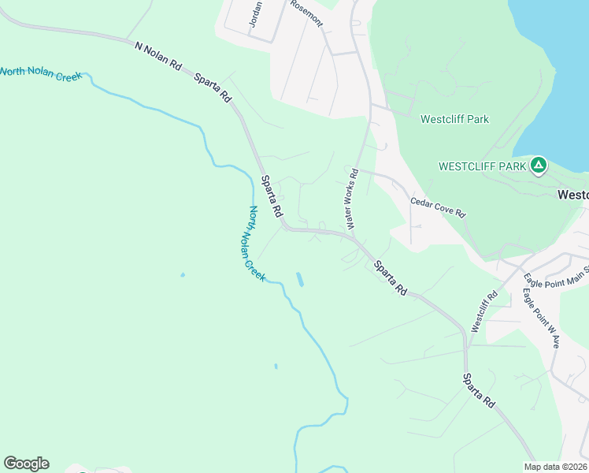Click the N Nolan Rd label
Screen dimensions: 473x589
tap(156, 54)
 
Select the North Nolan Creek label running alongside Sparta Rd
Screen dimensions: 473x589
tap(257, 244)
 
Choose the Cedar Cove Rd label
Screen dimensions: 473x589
tap(439, 207)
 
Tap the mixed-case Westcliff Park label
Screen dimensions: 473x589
tap(454, 120)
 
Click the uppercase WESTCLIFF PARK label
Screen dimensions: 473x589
tap(482, 166)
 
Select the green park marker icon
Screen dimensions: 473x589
tap(539, 166)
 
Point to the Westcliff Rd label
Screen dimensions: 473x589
tap(483, 311)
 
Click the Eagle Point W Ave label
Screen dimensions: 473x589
tap(541, 318)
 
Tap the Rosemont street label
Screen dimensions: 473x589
tap(306, 13)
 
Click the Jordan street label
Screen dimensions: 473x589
tap(255, 13)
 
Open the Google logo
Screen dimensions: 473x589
tap(26, 464)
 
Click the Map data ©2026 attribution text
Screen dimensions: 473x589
tap(555, 467)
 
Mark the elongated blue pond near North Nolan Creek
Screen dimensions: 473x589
tap(299, 279)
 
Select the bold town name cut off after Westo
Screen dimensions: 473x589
tap(572, 195)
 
